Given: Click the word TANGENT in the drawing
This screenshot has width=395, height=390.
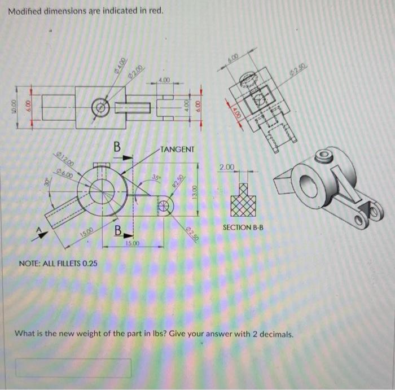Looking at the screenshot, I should pos(177,150).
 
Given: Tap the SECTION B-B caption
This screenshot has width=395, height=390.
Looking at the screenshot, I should pos(243,227).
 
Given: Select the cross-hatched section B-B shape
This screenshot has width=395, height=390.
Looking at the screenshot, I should pos(243,199).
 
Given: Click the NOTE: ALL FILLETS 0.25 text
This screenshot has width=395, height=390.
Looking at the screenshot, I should pos(58,264).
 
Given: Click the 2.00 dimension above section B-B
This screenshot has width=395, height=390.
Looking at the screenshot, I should pos(226,168).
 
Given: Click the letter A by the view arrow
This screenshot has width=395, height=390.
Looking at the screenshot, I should pos(38,229).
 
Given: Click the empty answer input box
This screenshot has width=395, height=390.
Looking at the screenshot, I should pos(73,368).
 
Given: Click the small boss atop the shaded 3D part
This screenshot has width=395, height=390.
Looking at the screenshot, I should pos(323,154).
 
